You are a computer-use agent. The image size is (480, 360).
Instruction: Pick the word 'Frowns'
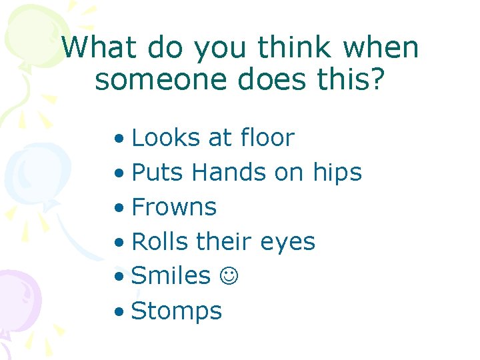175,207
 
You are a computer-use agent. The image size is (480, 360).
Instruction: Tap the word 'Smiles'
171,276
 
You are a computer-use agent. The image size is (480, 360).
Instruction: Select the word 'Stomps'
177,311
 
